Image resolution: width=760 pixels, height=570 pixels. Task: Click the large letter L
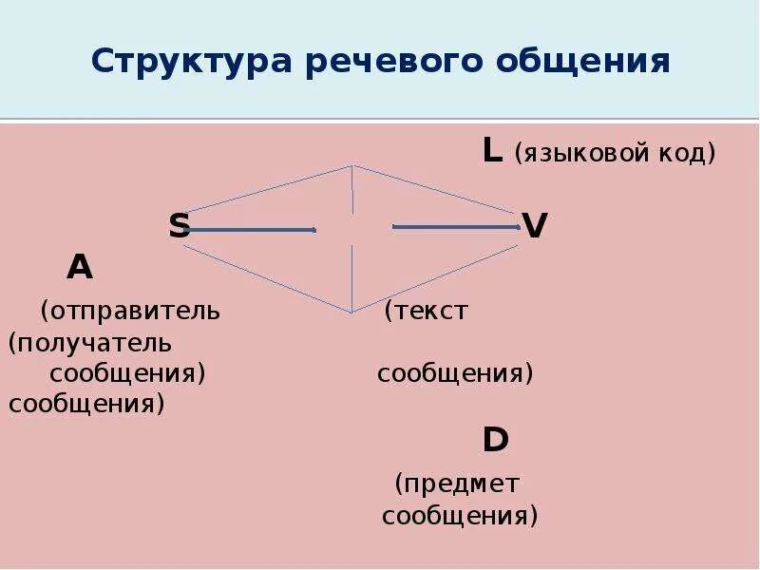[492, 150]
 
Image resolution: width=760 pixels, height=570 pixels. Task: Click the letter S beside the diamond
[180, 226]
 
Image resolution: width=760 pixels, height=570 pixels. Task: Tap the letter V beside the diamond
[535, 226]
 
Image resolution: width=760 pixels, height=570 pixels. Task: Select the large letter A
[80, 268]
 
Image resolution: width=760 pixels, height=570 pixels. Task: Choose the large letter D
[495, 439]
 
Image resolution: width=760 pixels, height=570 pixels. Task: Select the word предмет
[459, 484]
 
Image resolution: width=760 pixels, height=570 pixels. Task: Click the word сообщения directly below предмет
[460, 516]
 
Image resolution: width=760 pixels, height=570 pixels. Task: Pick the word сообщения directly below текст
[455, 373]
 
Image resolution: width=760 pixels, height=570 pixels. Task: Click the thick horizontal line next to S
[253, 229]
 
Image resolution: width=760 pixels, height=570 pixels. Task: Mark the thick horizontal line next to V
[456, 226]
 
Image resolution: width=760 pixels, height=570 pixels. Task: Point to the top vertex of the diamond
[352, 166]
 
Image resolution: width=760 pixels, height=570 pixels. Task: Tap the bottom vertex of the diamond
[351, 312]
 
